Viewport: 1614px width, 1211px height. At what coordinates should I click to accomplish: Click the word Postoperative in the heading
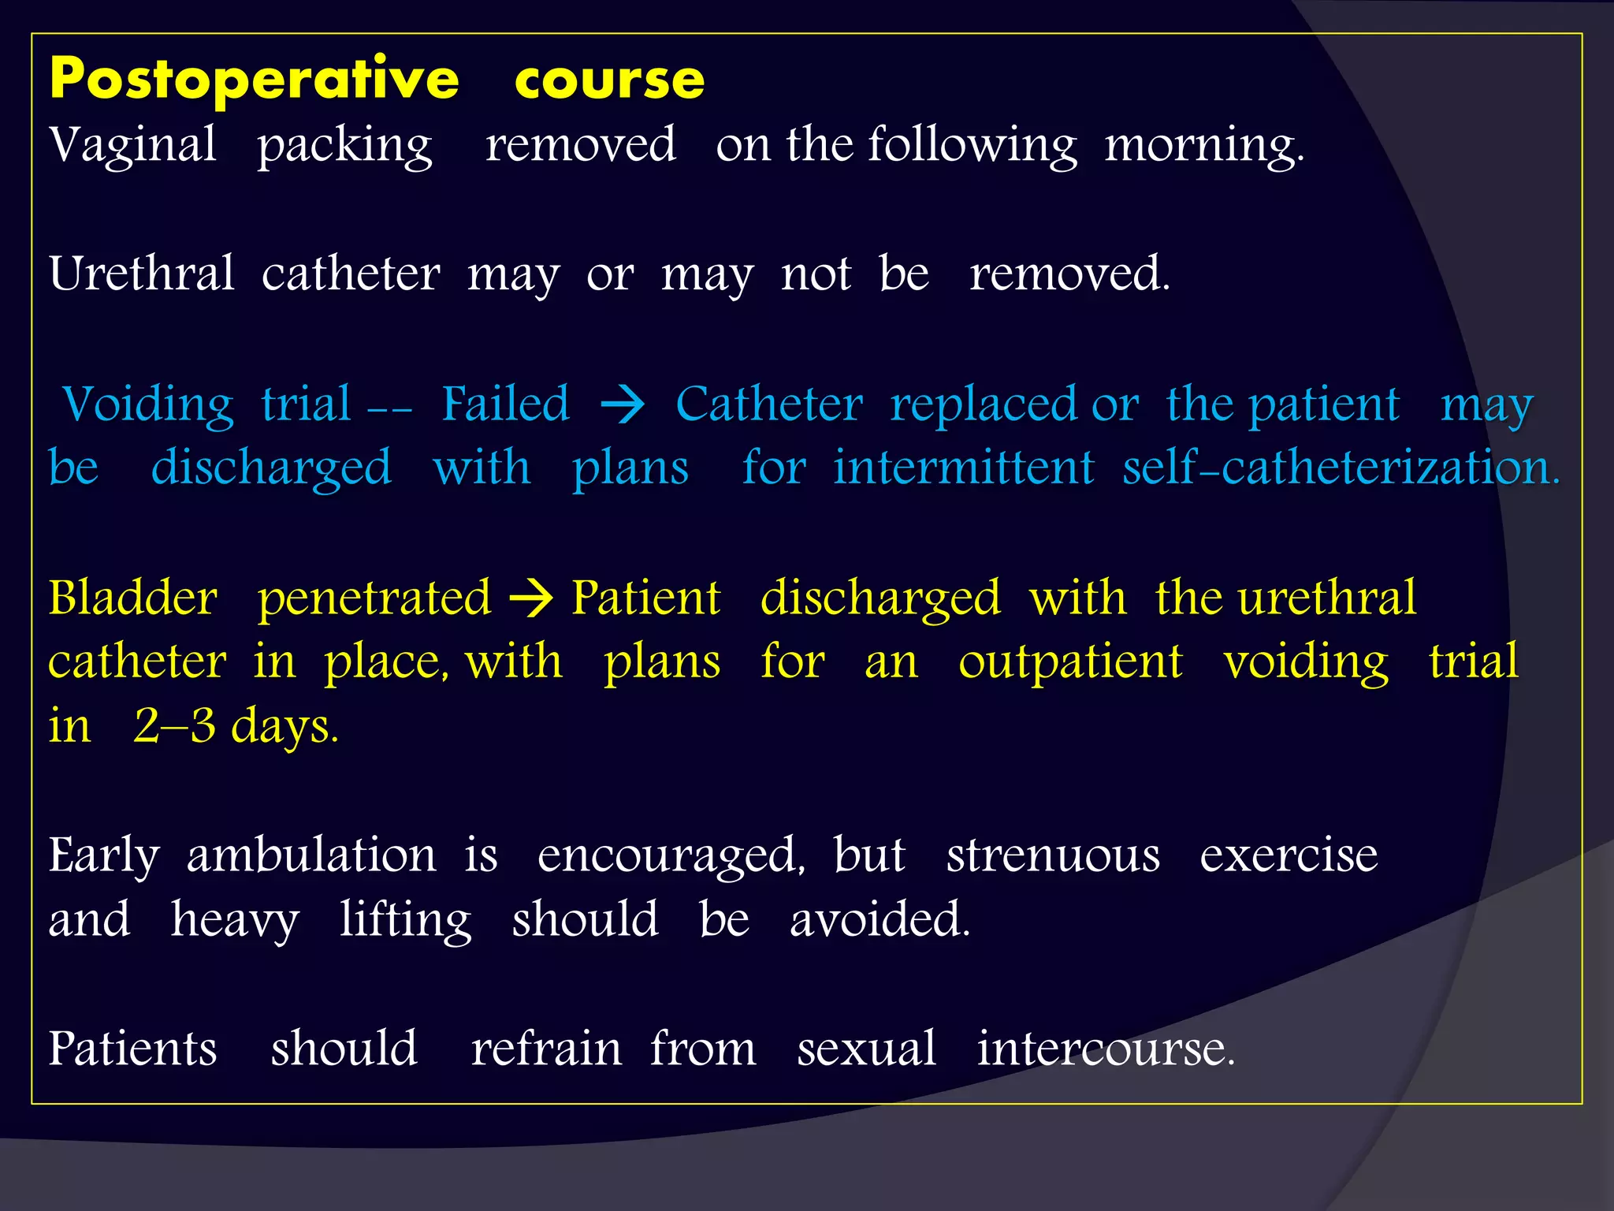(254, 79)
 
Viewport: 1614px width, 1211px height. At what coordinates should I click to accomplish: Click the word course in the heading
(609, 80)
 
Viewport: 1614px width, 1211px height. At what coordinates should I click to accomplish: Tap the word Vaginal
(132, 146)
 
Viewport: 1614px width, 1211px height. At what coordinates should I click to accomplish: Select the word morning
(1203, 146)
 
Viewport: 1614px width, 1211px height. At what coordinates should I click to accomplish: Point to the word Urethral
(142, 274)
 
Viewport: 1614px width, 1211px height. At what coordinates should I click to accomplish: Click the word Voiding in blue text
(147, 405)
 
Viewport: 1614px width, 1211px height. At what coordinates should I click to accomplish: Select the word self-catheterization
(1341, 468)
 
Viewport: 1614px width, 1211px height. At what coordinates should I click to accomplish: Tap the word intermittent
(964, 468)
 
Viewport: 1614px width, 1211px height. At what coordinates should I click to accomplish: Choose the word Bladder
(132, 598)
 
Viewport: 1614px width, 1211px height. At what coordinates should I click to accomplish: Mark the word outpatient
(1070, 661)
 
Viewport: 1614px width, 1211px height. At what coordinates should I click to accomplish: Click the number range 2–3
(174, 726)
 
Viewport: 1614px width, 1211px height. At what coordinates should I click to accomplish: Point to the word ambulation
(311, 855)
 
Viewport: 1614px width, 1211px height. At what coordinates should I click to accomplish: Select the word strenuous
(1053, 855)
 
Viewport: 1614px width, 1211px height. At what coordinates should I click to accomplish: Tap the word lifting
(405, 920)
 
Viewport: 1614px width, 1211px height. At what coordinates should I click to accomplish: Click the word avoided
(880, 920)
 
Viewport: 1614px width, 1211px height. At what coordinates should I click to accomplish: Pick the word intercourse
(1105, 1049)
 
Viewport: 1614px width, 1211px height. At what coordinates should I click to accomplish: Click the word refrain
(546, 1049)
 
